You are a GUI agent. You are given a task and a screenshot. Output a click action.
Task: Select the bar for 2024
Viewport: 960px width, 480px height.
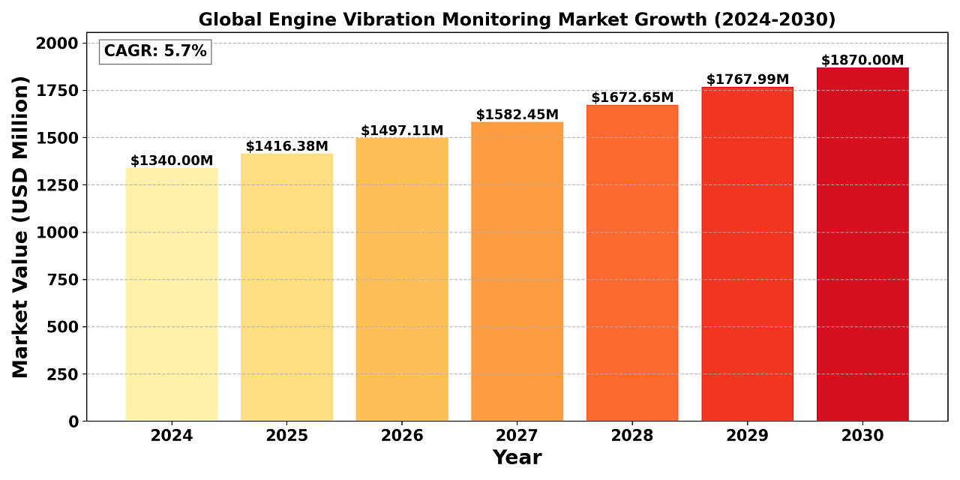pyautogui.click(x=172, y=294)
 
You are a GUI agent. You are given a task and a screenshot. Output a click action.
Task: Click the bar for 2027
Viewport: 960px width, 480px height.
pyautogui.click(x=517, y=271)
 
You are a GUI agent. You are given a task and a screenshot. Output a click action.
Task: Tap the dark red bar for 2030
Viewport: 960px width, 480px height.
pyautogui.click(x=862, y=244)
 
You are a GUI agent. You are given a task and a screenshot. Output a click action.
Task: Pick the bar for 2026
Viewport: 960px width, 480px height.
pyautogui.click(x=402, y=279)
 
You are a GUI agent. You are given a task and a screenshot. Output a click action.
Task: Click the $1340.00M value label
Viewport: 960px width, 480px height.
pyautogui.click(x=172, y=160)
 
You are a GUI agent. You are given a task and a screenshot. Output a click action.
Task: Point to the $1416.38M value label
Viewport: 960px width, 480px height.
pyautogui.click(x=286, y=145)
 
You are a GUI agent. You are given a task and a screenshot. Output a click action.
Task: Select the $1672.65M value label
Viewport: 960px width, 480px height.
pyautogui.click(x=632, y=97)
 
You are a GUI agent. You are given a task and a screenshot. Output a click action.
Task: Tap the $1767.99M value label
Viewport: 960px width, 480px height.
pyautogui.click(x=748, y=79)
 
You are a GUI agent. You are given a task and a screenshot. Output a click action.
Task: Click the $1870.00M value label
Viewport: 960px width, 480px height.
pyautogui.click(x=862, y=60)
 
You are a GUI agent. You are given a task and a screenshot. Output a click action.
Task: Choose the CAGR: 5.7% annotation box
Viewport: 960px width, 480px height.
pyautogui.click(x=155, y=51)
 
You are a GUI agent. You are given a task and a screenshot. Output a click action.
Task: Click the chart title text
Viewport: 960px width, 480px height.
pyautogui.click(x=517, y=18)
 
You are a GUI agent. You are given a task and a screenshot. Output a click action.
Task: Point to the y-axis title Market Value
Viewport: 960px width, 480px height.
pyautogui.click(x=20, y=226)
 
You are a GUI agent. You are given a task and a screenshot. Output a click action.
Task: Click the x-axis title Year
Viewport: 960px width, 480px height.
pyautogui.click(x=517, y=457)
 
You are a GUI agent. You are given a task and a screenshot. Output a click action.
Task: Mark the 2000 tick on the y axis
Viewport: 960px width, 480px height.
pyautogui.click(x=57, y=43)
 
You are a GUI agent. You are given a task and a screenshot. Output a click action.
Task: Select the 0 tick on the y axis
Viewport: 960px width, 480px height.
pyautogui.click(x=73, y=421)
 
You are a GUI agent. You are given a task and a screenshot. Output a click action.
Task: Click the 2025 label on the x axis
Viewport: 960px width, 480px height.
pyautogui.click(x=286, y=436)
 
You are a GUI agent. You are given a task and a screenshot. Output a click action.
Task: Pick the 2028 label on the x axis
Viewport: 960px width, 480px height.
pyautogui.click(x=632, y=436)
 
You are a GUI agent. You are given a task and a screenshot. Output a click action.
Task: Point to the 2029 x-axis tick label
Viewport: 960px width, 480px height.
pyautogui.click(x=748, y=436)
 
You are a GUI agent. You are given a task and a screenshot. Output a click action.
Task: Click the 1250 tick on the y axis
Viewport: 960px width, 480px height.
pyautogui.click(x=57, y=185)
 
